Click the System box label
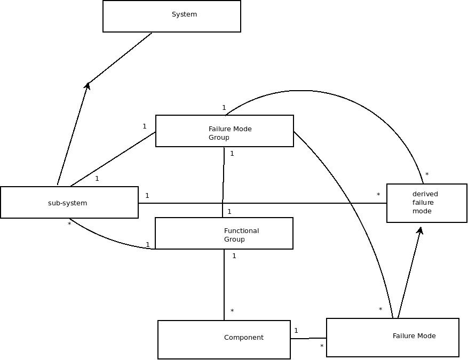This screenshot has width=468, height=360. [x=184, y=14]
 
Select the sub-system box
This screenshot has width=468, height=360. [x=69, y=203]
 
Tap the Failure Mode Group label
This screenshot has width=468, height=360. [x=229, y=133]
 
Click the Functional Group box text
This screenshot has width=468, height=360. [x=241, y=235]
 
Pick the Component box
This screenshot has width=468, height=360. [x=224, y=339]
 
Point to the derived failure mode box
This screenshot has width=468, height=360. [x=427, y=203]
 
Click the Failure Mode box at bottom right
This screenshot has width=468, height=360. [x=393, y=337]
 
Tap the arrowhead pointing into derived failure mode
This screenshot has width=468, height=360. [x=421, y=230]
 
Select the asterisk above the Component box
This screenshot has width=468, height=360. [x=232, y=311]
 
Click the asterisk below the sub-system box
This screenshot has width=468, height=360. [x=69, y=225]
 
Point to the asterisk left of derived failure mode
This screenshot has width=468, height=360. [x=378, y=195]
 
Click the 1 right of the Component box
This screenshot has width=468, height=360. [x=296, y=331]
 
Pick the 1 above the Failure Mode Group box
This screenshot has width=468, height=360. [x=224, y=108]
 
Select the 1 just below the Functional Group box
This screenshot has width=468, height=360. [x=234, y=256]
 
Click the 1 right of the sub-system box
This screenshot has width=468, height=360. [x=147, y=196]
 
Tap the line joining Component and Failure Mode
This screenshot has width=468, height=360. [x=308, y=338]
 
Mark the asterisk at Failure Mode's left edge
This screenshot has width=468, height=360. [x=322, y=347]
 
